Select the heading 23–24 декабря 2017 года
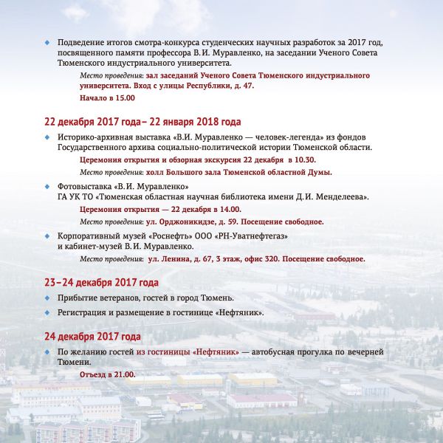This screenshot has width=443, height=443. [x=102, y=283]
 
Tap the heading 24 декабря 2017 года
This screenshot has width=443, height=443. [x=92, y=337]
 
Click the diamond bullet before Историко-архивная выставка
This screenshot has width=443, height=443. [x=48, y=137]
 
